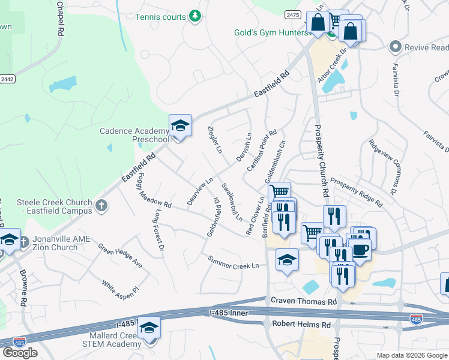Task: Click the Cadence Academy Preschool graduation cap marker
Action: coord(180,126)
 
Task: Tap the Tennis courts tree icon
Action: coord(194,17)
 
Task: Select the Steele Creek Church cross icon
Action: coord(101,205)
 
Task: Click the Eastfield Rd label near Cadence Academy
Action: coord(138,167)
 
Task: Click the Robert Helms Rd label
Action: coord(301,325)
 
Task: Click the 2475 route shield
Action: coord(292,13)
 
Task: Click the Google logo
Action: coord(20,353)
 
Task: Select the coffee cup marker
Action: coord(360,250)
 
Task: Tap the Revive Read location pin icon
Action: coord(395,47)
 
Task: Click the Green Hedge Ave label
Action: coord(121,256)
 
